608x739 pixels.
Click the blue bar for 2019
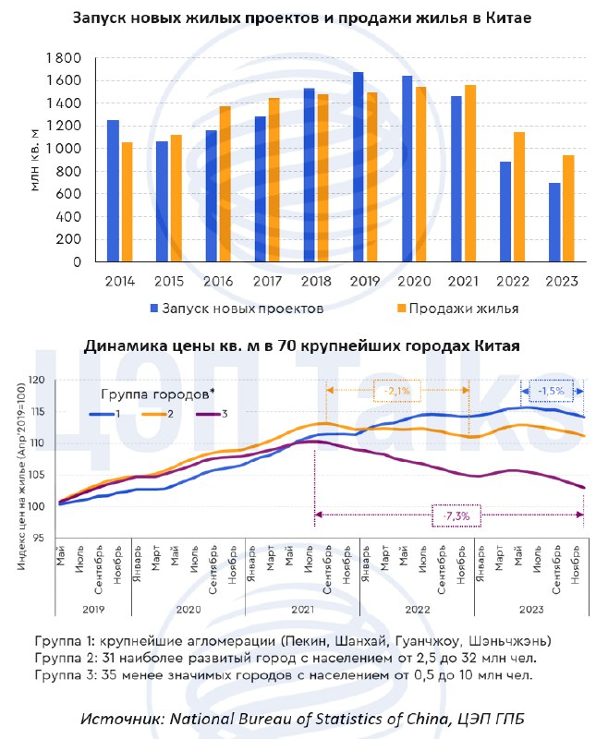tap(359, 167)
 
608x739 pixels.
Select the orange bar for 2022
tap(519, 197)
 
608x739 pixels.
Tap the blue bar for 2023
tap(554, 223)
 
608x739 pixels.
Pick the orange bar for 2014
tap(128, 202)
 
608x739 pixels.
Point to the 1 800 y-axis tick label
tap(64, 58)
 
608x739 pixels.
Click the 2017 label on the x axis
tap(267, 282)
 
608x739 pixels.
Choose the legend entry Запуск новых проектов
tap(237, 309)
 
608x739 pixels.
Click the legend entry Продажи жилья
tap(457, 309)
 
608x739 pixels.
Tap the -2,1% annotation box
tap(396, 391)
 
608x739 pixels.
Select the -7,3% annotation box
tap(456, 515)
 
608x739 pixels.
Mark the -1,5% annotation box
tap(551, 391)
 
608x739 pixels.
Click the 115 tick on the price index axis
tap(38, 411)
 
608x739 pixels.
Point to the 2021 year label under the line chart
tap(302, 610)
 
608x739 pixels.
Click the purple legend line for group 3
tap(207, 414)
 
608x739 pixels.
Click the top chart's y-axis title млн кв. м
tap(35, 160)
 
